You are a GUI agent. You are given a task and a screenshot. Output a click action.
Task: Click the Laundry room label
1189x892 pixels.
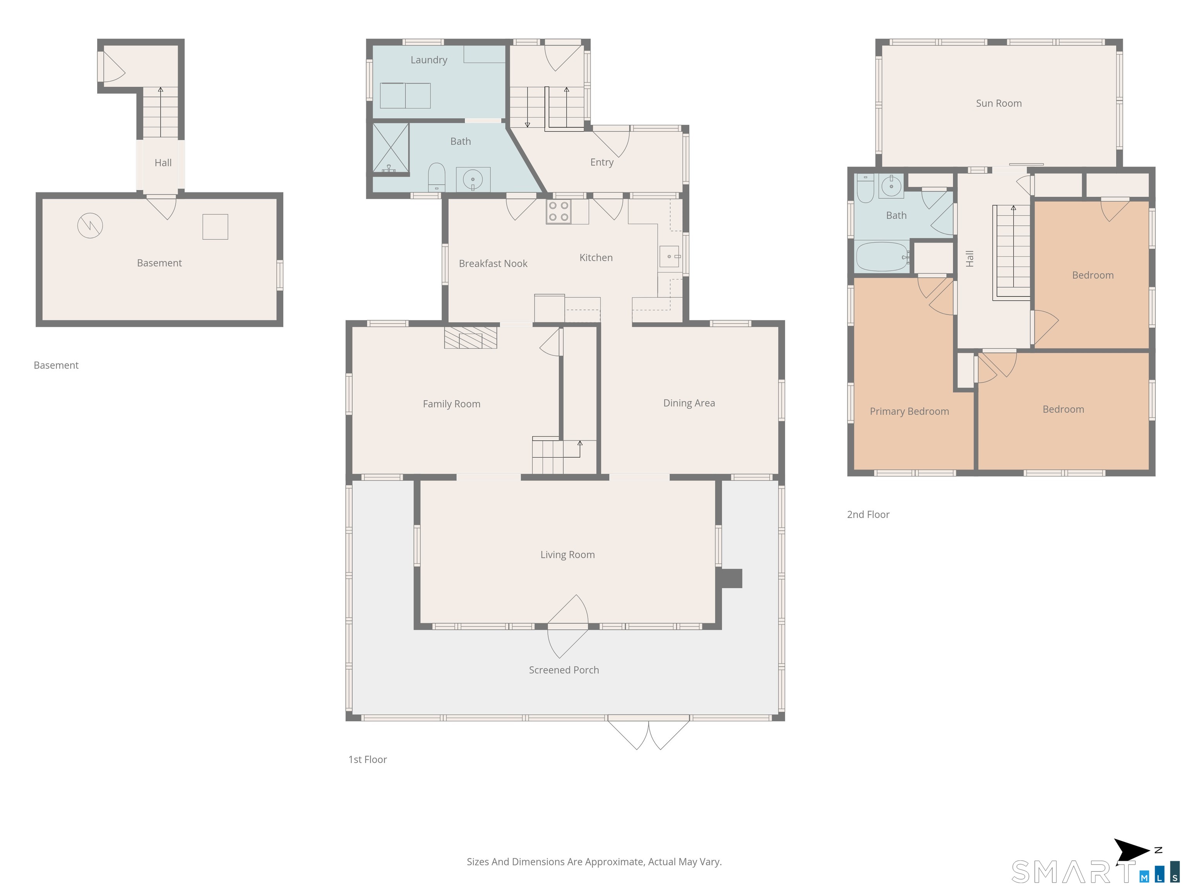428,60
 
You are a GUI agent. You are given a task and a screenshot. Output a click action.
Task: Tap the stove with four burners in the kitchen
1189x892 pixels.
559,211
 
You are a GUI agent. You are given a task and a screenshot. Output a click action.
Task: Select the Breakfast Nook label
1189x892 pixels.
493,264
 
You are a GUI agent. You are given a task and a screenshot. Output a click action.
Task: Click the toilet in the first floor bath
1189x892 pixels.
437,177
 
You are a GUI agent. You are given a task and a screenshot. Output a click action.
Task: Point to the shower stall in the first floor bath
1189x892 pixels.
391,148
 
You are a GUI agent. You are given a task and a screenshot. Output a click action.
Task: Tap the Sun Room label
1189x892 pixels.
999,103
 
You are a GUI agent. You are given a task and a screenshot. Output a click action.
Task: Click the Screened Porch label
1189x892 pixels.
564,670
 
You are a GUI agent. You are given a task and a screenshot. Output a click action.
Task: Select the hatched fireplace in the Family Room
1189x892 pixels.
470,337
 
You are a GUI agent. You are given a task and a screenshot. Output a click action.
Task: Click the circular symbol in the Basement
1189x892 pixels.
90,226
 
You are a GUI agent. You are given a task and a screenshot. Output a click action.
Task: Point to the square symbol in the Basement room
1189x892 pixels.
215,227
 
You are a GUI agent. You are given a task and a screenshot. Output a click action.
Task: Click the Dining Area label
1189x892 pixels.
689,403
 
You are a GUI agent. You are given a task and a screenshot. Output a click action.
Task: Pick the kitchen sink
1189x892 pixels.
670,256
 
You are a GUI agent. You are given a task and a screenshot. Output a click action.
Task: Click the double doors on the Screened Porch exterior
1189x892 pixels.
649,732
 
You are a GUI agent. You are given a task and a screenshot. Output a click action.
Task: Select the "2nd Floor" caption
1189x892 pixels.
868,515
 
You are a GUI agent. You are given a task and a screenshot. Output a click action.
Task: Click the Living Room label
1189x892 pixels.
568,555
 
